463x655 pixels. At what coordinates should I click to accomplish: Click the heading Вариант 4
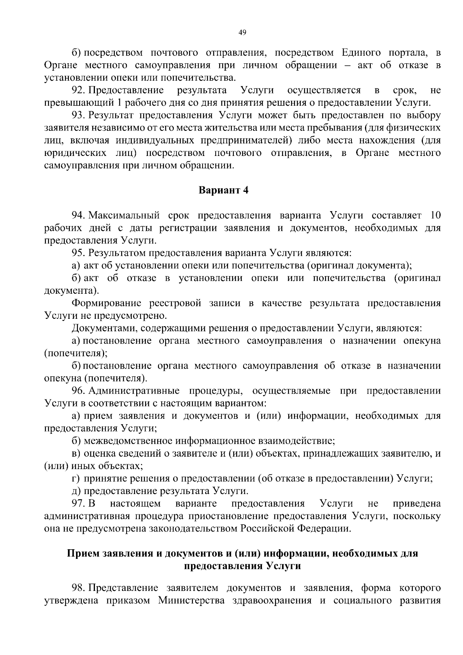coord(223,190)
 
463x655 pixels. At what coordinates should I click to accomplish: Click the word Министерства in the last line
coord(184,601)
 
